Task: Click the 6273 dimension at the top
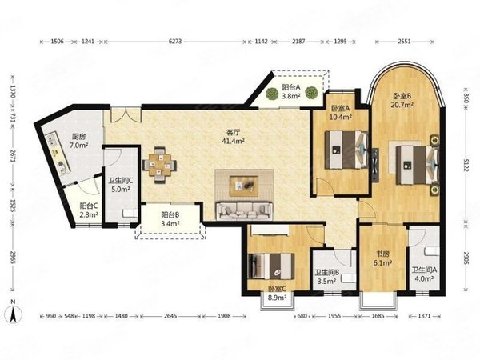tap(175, 42)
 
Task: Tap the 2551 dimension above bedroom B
tap(404, 42)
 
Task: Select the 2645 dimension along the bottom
tap(170, 316)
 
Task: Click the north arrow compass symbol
tap(13, 312)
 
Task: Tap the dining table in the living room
tap(159, 166)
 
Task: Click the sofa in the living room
tap(244, 210)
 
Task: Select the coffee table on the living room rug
tap(244, 186)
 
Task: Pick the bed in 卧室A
tap(346, 150)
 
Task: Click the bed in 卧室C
tap(271, 266)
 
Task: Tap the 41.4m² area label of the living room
tap(233, 141)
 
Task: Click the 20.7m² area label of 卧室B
tap(402, 104)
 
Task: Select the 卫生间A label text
tap(424, 270)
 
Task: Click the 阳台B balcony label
tap(170, 215)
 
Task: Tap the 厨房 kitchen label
tap(78, 137)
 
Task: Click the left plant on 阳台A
tap(271, 94)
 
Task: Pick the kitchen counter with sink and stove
tap(58, 153)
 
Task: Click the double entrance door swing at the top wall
tap(126, 114)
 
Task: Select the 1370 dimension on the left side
tap(13, 91)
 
